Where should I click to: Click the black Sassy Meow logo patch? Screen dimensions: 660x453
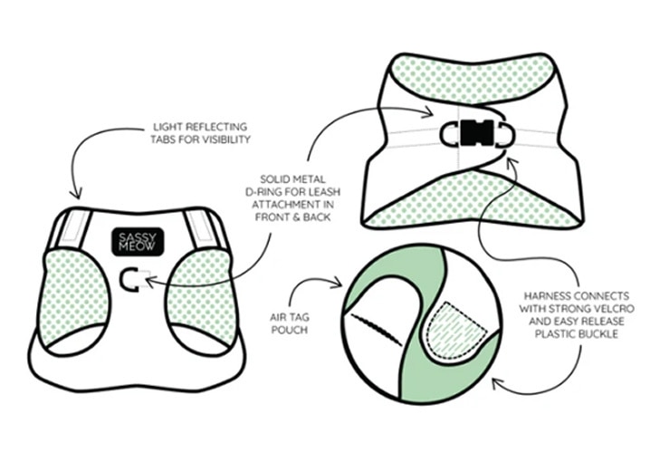(x=138, y=242)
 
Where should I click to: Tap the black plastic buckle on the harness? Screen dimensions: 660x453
(x=477, y=133)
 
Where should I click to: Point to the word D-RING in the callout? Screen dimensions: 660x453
(x=263, y=192)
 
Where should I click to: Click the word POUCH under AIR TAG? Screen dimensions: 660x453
(x=290, y=330)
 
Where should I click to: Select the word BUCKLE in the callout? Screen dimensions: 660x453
(x=597, y=334)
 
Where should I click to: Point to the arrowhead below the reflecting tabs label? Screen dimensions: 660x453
(x=76, y=194)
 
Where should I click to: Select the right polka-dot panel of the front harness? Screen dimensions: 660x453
(x=201, y=295)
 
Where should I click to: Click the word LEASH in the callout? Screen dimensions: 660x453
(x=324, y=192)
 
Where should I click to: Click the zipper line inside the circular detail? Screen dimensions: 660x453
(x=376, y=330)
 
